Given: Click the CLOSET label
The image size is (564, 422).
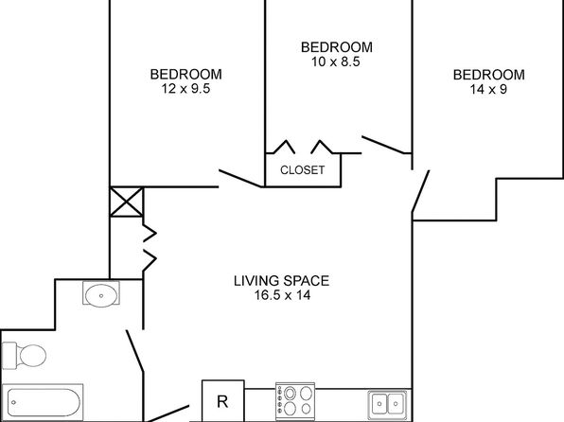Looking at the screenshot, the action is (302, 169).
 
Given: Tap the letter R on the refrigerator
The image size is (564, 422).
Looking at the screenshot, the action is (222, 401).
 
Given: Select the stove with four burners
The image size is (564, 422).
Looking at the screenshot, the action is (295, 401).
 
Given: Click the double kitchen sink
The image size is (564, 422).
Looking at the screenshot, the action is (387, 404).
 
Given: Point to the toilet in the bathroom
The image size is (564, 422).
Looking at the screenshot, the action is (24, 356).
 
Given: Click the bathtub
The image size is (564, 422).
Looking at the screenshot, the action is (43, 401).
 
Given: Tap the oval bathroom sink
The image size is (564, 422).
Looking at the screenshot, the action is (101, 295).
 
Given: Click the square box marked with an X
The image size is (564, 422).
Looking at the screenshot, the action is (126, 202).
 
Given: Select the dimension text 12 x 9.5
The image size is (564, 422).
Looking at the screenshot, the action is (185, 89).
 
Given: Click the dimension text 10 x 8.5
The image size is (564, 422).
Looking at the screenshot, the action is (336, 62).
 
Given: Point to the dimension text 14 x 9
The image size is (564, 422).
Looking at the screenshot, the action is (488, 89).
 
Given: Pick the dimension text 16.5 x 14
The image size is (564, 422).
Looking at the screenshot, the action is (282, 295).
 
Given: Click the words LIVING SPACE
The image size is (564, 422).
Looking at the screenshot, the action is (282, 281).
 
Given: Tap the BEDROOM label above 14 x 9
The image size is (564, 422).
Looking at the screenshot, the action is (489, 75).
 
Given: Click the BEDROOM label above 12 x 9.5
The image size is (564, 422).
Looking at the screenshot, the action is (186, 74).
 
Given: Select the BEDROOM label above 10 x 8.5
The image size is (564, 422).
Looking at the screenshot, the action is (337, 47).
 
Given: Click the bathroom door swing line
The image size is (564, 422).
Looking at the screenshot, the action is (135, 351).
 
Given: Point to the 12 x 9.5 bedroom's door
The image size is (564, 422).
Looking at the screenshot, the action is (240, 178).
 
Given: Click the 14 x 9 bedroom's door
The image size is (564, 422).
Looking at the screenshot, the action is (420, 191).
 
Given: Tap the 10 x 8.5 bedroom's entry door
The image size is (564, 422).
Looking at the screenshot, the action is (383, 145).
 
